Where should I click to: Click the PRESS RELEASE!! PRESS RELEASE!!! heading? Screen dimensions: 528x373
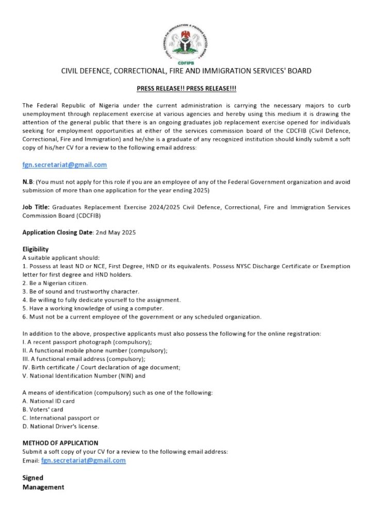pyautogui.click(x=186, y=89)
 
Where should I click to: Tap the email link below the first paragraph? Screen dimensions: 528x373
pyautogui.click(x=64, y=164)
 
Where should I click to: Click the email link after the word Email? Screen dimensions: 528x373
pyautogui.click(x=83, y=460)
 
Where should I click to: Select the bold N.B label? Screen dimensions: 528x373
pyautogui.click(x=28, y=181)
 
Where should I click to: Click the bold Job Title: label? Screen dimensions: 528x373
pyautogui.click(x=36, y=207)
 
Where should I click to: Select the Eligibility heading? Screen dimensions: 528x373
pyautogui.click(x=36, y=249)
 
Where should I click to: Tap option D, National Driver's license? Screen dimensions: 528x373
pyautogui.click(x=61, y=426)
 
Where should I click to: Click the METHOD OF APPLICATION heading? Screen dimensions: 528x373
pyautogui.click(x=60, y=443)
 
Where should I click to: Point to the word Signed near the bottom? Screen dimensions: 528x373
pyautogui.click(x=33, y=477)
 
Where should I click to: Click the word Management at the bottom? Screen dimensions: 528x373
pyautogui.click(x=43, y=487)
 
